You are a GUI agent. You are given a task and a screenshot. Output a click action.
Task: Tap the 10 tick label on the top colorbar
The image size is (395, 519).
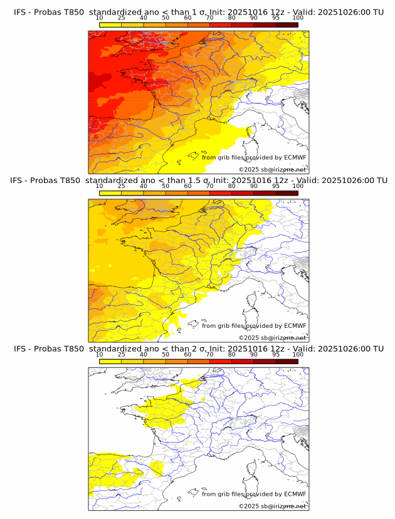click(x=99, y=18)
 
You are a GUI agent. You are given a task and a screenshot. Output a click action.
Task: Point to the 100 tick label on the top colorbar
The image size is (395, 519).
click(x=298, y=18)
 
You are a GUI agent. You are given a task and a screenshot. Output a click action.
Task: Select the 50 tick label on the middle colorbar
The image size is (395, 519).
click(x=166, y=186)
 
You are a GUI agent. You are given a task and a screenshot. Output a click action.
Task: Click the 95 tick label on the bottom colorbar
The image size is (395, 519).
click(x=276, y=354)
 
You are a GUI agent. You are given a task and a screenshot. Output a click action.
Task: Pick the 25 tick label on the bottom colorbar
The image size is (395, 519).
click(x=122, y=354)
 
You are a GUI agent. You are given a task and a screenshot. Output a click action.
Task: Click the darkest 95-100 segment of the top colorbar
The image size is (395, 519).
click(x=287, y=24)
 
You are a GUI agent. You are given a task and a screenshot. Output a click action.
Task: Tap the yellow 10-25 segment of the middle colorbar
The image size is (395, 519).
click(x=110, y=193)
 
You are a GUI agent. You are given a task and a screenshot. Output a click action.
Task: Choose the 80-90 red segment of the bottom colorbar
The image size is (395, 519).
click(x=243, y=361)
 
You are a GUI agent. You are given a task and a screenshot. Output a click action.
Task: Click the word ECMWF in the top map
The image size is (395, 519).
click(x=295, y=157)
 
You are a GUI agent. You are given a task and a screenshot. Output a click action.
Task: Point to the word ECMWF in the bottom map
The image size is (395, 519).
click(x=295, y=494)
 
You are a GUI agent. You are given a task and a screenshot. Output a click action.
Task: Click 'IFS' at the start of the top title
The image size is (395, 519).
click(x=21, y=12)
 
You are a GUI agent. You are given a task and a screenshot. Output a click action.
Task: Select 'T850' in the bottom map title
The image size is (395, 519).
click(x=73, y=349)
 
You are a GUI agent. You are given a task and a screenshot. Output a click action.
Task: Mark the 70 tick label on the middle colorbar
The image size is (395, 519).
click(x=209, y=186)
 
